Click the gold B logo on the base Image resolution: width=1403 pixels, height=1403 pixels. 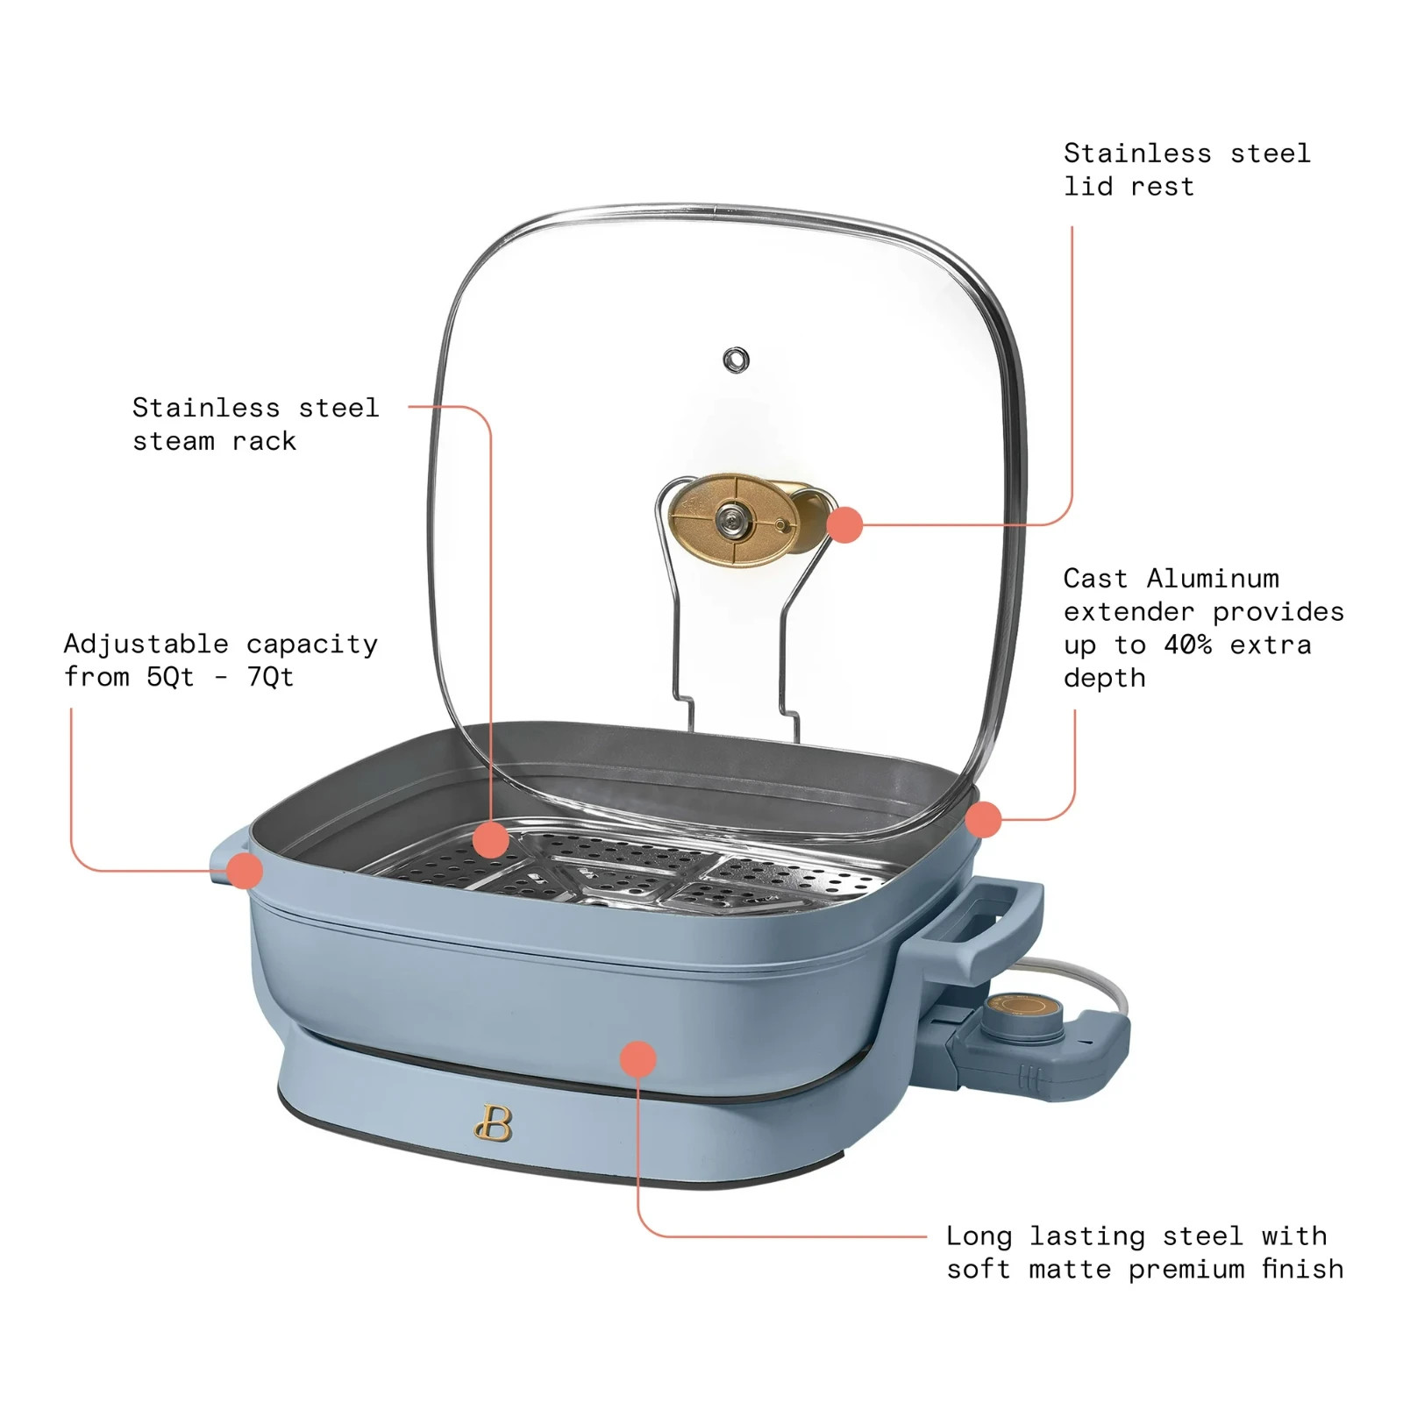pos(494,1122)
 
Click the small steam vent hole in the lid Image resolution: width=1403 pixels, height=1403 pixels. pos(736,360)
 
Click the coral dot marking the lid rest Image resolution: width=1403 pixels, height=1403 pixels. pos(844,524)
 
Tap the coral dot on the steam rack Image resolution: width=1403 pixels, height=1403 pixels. pos(490,840)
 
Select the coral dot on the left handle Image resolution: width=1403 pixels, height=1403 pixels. pos(245,871)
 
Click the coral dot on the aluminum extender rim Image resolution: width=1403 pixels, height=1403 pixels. pos(983,819)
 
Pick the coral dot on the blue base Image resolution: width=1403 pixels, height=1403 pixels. pos(637,1059)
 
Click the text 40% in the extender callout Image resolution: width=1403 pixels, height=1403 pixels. pos(1187,645)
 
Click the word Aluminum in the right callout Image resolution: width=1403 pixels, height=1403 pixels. pos(1213,579)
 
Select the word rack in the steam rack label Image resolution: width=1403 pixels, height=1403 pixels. pos(264,441)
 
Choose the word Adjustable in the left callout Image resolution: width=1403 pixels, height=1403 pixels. pos(146,645)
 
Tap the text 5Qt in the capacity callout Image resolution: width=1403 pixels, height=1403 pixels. pos(170,678)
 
